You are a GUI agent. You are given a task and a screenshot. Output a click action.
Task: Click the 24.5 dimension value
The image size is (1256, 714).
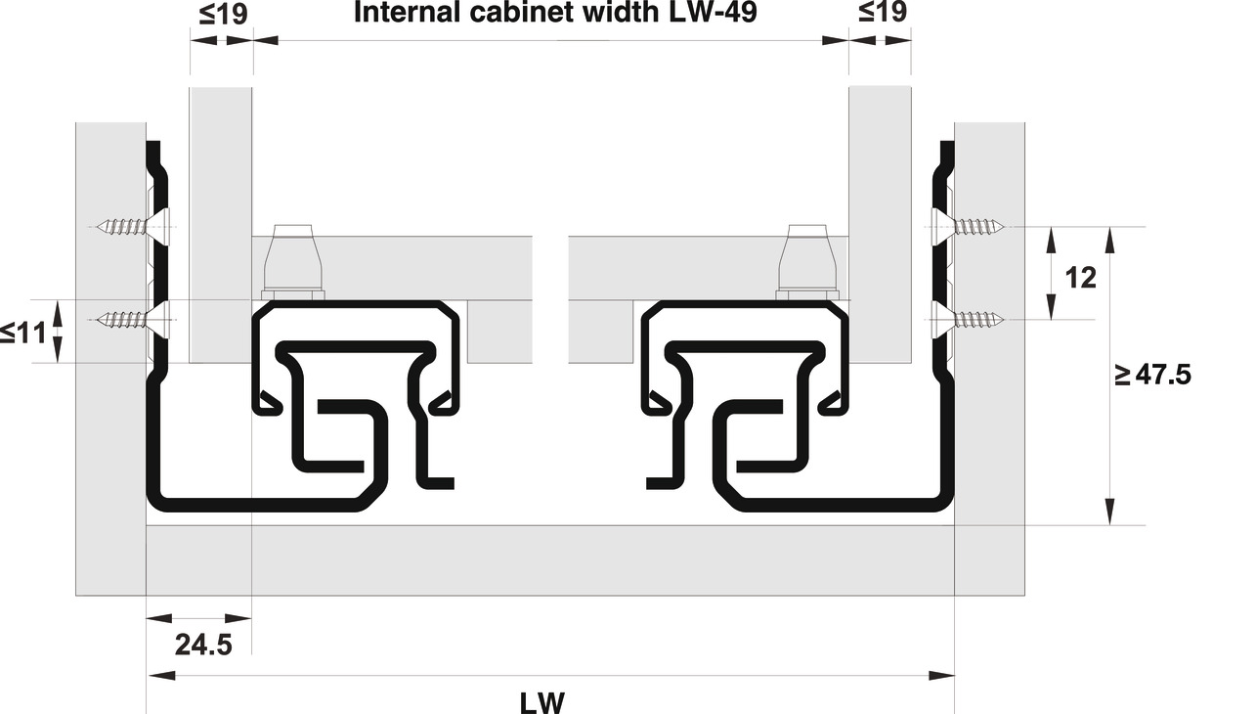click(203, 645)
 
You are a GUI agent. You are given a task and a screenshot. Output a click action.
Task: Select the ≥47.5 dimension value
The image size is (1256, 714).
click(1152, 375)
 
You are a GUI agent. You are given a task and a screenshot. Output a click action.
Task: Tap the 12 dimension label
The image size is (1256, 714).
click(1080, 278)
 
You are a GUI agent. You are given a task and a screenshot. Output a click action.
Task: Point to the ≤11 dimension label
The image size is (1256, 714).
click(23, 333)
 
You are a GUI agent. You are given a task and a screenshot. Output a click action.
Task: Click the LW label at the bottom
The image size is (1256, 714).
click(542, 703)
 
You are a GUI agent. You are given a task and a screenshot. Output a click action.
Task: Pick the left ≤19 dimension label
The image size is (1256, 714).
click(223, 14)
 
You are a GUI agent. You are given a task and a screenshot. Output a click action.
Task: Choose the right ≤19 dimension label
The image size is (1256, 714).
click(883, 12)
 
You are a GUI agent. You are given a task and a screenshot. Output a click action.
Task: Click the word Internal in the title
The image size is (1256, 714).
click(410, 13)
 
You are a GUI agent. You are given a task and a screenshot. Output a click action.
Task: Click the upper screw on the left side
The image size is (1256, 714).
click(132, 227)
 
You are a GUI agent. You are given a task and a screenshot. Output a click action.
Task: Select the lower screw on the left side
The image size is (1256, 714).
click(132, 320)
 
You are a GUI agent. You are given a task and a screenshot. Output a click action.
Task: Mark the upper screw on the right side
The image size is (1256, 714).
click(968, 227)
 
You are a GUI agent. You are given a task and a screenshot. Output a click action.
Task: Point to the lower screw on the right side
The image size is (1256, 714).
click(968, 320)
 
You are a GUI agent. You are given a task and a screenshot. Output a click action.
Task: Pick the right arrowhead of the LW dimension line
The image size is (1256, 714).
click(941, 675)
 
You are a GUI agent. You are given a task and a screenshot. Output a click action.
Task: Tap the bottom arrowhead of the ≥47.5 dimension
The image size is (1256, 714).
click(1109, 512)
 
